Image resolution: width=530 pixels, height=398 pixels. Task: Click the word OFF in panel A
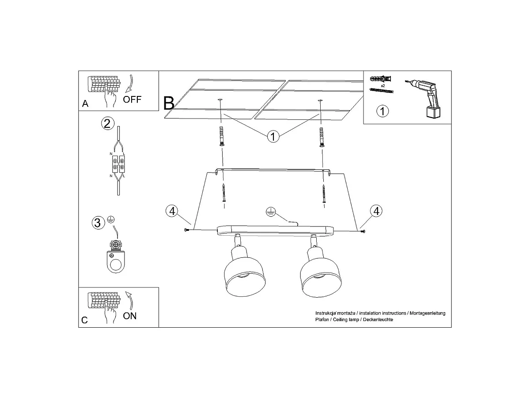pos(132,99)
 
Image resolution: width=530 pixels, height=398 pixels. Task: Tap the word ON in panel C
pos(130,316)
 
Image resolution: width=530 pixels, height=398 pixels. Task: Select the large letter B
pos(169,103)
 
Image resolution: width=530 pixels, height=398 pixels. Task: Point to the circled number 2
pos(107,123)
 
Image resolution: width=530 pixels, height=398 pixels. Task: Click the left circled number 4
pos(172,211)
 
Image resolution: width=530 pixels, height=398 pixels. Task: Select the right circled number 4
pos(376,211)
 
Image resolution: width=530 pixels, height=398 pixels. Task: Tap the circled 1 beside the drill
pos(382,111)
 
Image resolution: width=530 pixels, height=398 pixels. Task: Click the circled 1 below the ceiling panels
pos(273,137)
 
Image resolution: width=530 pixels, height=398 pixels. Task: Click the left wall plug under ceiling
pos(221,136)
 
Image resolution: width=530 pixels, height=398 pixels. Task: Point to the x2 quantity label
pos(383,86)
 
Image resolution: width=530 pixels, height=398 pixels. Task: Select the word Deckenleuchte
pos(378,319)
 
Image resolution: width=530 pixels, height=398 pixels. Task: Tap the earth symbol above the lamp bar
pos(270,211)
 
